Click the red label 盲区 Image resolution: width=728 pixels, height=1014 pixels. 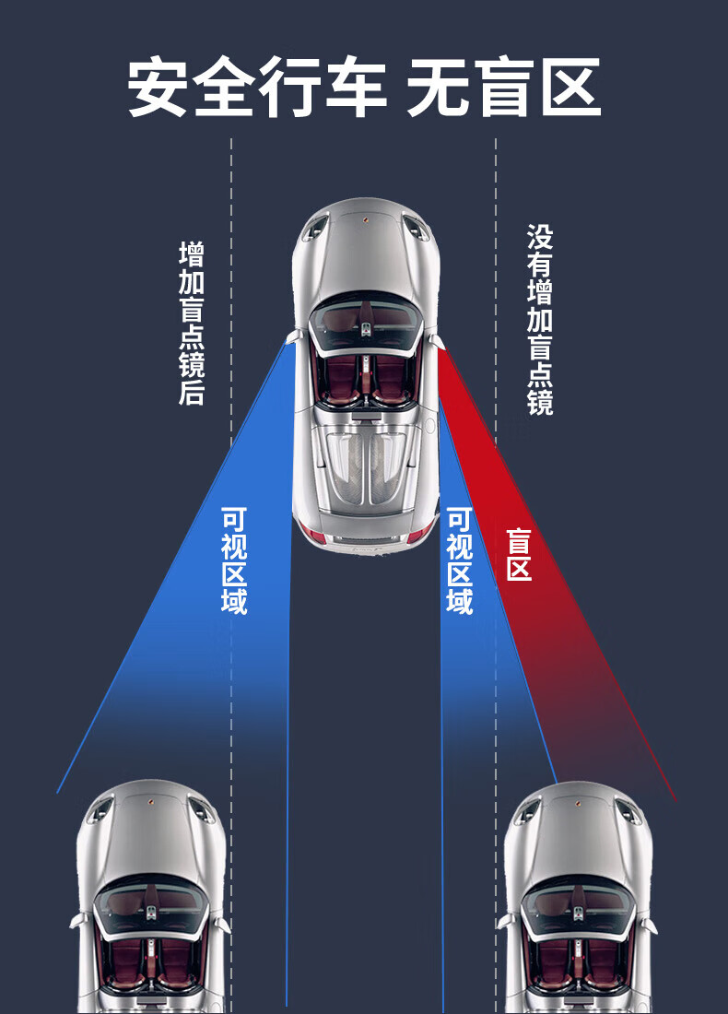click(519, 554)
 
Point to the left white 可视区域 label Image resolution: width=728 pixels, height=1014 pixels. click(234, 560)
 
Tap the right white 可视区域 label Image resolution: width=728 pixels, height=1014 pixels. click(460, 560)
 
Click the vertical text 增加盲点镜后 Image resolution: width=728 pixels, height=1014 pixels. click(192, 323)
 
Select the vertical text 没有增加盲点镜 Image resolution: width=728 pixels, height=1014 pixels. click(540, 320)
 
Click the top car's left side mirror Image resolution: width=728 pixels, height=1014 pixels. click(294, 336)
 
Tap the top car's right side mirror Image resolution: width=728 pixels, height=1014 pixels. click(438, 341)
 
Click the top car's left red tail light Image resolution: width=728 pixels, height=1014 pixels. click(313, 534)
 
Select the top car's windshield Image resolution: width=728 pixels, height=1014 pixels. click(366, 322)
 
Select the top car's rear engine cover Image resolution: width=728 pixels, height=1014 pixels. click(366, 466)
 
